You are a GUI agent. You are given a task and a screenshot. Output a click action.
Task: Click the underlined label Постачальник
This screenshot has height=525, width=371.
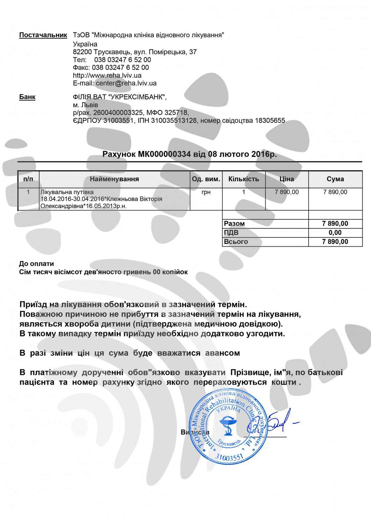[43, 35]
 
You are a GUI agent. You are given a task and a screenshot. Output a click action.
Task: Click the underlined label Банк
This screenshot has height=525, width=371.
[27, 97]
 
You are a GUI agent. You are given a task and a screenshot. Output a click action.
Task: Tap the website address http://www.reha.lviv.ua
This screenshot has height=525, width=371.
[107, 75]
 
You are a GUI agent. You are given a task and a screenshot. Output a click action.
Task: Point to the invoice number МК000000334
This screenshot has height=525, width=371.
[164, 154]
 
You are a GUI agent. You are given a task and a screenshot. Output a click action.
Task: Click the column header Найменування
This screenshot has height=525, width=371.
[114, 179]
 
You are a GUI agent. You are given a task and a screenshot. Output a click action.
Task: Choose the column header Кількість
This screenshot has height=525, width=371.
[244, 179]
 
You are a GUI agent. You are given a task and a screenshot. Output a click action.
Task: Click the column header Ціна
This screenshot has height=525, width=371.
[287, 179]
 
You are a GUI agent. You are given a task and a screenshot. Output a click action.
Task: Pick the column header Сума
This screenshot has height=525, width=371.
[335, 179]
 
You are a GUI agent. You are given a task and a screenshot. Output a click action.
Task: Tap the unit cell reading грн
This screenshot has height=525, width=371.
[206, 192]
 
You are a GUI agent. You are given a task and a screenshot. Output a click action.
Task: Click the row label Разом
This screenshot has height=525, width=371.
[234, 224]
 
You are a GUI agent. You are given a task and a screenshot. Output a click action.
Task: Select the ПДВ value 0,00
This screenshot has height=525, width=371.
[335, 233]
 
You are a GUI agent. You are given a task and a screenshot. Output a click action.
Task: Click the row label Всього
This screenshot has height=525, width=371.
[236, 241]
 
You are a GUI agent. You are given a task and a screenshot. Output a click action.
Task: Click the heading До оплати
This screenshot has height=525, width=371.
[37, 264]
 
